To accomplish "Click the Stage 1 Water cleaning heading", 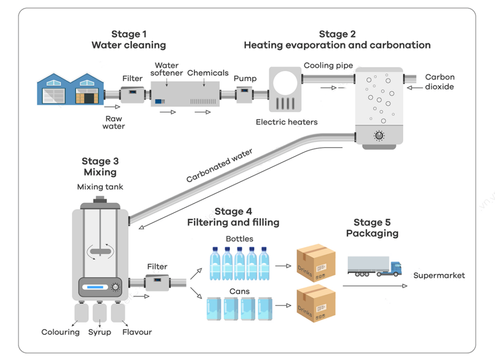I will (x=129, y=40).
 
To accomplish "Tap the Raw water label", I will (x=114, y=122).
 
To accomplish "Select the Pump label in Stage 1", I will (x=245, y=78).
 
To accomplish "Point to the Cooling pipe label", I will (x=328, y=65).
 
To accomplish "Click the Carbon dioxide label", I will (x=439, y=82).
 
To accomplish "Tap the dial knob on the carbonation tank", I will (x=379, y=135).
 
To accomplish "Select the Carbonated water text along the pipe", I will (x=219, y=165).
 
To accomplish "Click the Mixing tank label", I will (x=100, y=187).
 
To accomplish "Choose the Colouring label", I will (x=60, y=332).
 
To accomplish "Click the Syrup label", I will (x=100, y=332).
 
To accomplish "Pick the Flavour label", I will (x=137, y=332).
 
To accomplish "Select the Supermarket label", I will (x=439, y=275).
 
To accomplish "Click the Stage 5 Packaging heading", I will (x=372, y=228).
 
